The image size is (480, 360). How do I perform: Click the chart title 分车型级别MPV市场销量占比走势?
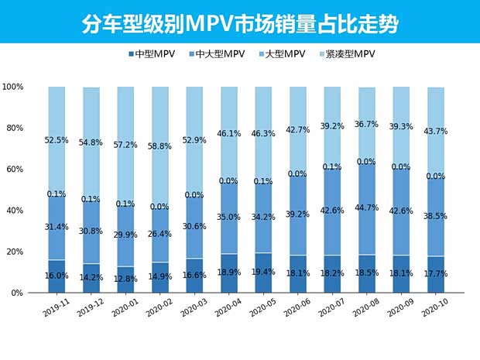tap(239, 23)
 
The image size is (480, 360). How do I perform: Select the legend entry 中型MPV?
tap(156, 54)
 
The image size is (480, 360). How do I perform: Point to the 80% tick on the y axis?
tap(24, 128)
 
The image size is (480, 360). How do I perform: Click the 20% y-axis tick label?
tap(24, 252)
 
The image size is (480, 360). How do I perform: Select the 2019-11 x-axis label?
tap(57, 310)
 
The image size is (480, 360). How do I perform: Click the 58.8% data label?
tap(160, 145)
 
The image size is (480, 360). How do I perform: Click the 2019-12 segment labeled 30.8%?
tap(91, 232)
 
